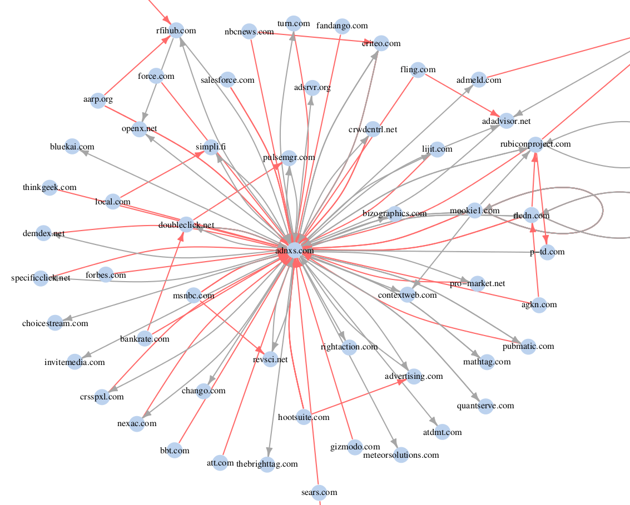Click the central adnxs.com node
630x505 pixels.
(x=295, y=251)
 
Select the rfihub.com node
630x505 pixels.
(x=176, y=31)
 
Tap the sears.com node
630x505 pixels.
(x=319, y=492)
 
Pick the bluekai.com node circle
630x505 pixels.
(x=72, y=147)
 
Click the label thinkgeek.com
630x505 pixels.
(x=49, y=187)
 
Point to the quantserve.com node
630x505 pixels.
(x=485, y=406)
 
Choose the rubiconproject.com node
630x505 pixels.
(x=535, y=144)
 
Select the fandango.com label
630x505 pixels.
(x=342, y=26)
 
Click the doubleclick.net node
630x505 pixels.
(x=186, y=225)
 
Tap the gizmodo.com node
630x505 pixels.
(x=355, y=447)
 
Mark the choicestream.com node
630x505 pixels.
(x=55, y=323)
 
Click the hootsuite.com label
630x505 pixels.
(x=304, y=417)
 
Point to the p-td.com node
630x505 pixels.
(x=547, y=252)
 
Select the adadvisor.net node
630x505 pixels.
(x=506, y=121)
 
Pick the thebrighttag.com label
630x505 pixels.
(x=267, y=464)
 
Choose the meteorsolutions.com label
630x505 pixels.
(x=401, y=455)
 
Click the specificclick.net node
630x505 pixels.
(x=41, y=278)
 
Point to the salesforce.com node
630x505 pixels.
(x=227, y=80)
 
